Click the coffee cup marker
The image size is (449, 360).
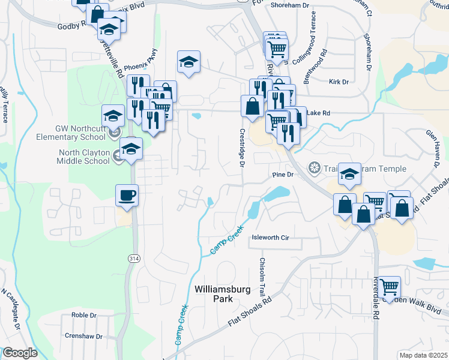tap(127, 195)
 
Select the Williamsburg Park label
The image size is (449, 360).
tap(223, 294)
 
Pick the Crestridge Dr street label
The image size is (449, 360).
tap(243, 148)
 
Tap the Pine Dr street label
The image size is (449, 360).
tap(282, 175)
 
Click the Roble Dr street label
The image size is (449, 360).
tap(84, 314)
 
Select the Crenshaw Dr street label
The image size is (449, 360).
tap(83, 337)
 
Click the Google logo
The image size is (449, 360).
tap(19, 353)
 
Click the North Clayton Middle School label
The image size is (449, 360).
tap(83, 157)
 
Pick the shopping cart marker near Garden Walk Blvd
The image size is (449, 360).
tap(389, 286)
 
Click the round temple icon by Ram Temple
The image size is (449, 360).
tap(313, 166)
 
